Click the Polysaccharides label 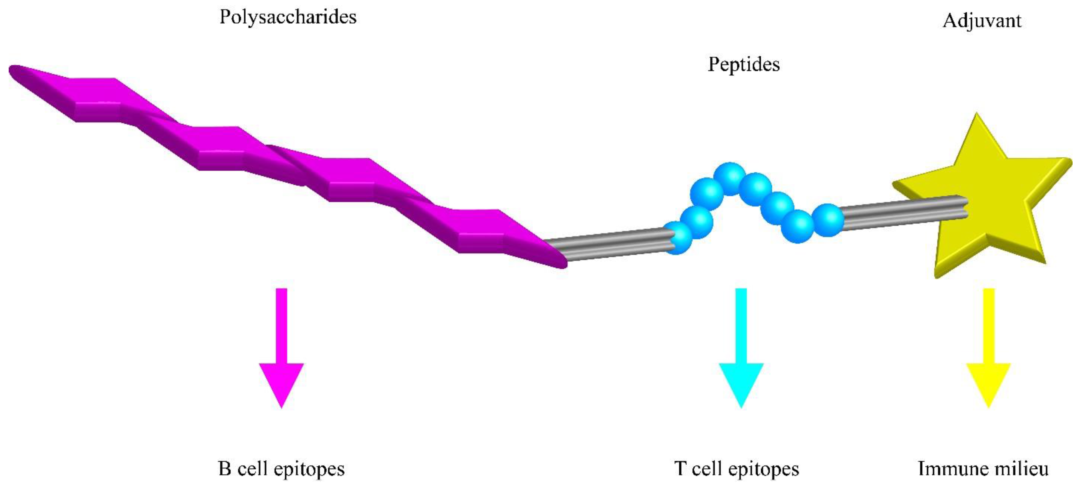tap(288, 17)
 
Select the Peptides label tap(744, 64)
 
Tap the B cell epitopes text tap(281, 468)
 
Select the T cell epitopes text tap(736, 468)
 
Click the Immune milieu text tap(983, 468)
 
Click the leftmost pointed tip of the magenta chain tap(12, 70)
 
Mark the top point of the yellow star tap(977, 115)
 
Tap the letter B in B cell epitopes tap(225, 468)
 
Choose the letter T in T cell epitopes tap(680, 468)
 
